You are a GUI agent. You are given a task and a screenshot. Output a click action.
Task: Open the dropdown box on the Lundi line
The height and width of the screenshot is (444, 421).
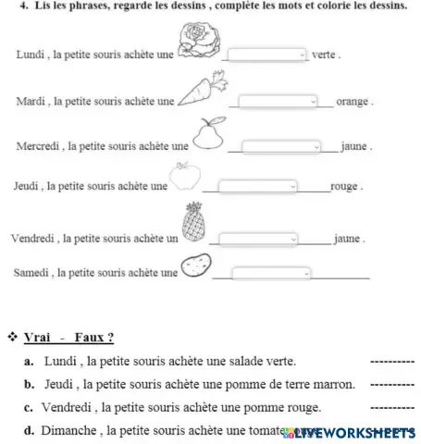pos(266,54)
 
